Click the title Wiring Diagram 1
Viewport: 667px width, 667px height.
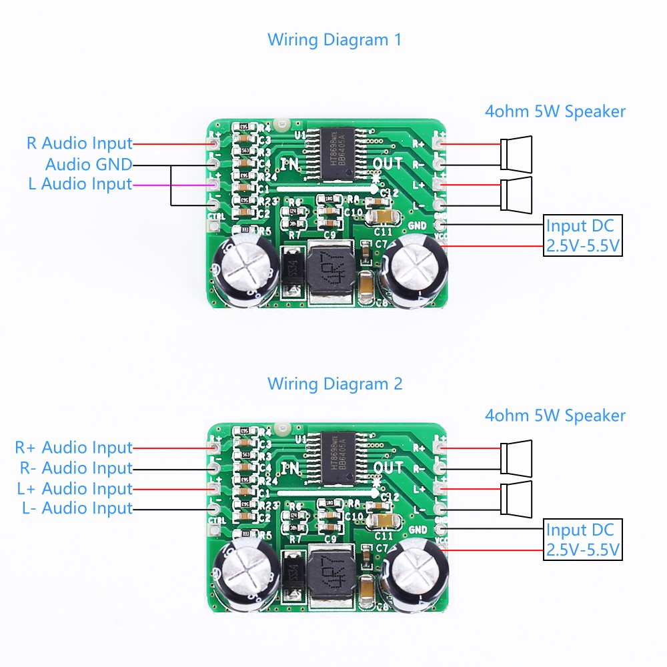(334, 39)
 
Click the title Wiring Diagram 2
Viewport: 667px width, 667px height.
(334, 384)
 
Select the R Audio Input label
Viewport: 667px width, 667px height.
(79, 143)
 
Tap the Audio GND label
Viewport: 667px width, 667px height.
(89, 164)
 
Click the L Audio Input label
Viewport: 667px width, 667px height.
(80, 184)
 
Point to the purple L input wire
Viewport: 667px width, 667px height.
(170, 185)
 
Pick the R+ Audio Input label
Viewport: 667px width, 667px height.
(73, 448)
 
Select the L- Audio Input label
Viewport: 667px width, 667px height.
(77, 509)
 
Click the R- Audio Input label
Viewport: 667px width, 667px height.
(73, 468)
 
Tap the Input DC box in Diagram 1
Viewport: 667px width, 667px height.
(583, 235)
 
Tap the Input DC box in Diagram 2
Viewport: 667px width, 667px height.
(583, 540)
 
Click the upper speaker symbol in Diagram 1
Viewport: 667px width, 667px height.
(518, 153)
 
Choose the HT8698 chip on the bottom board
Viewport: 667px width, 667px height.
(332, 460)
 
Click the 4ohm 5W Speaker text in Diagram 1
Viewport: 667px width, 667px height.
(555, 111)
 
